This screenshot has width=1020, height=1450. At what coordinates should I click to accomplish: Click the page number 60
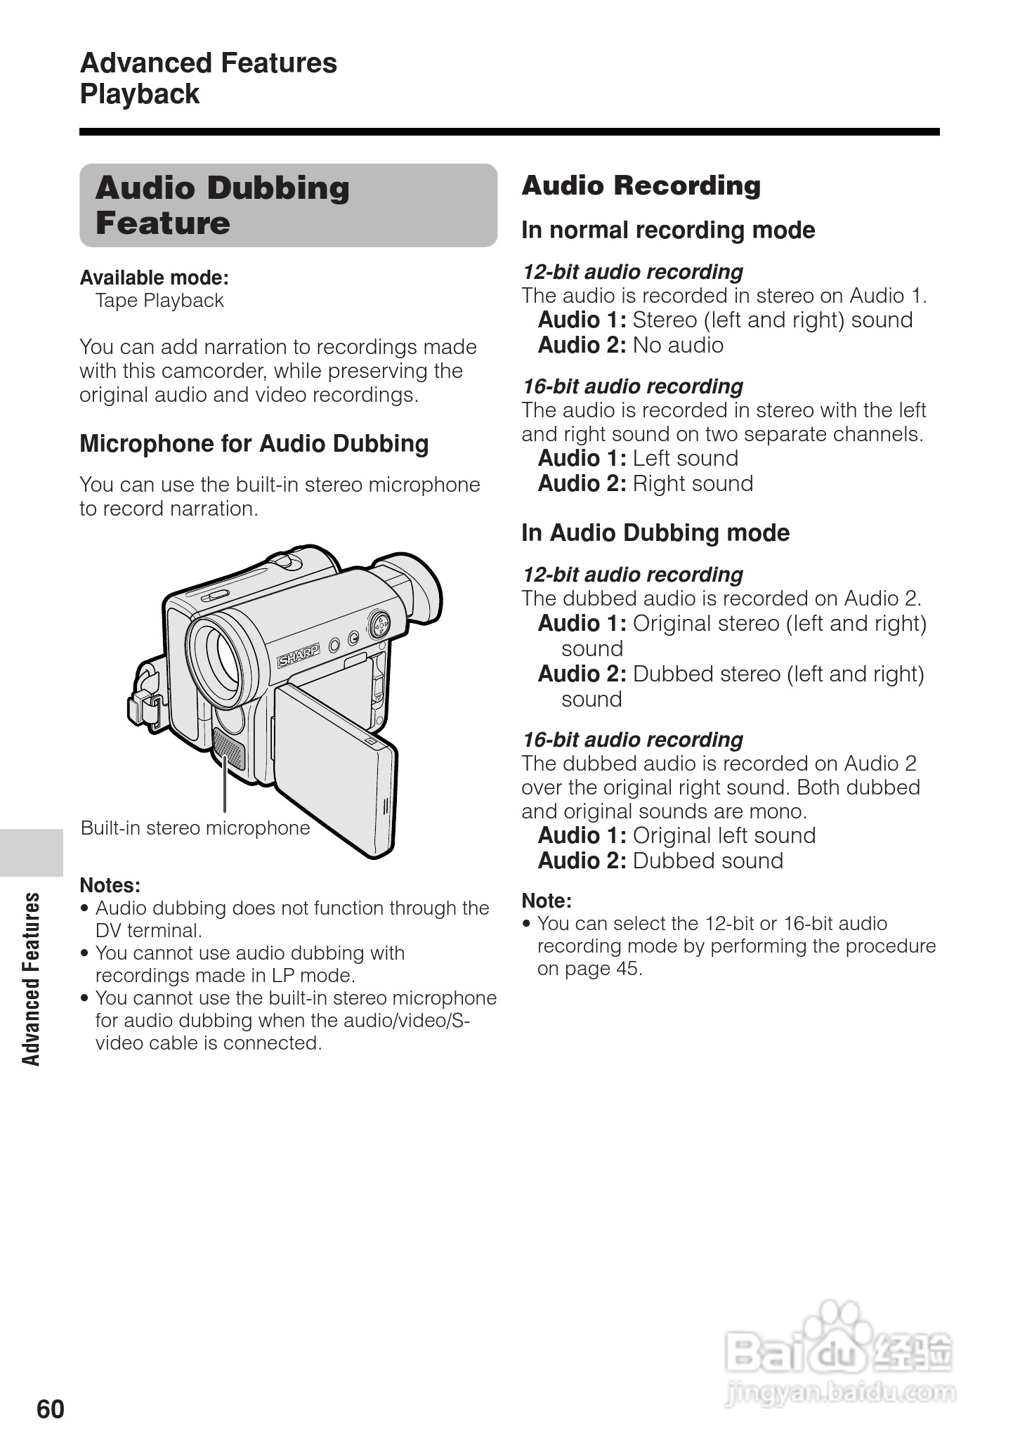[51, 1409]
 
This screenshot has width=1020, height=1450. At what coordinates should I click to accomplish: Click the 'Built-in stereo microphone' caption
[195, 828]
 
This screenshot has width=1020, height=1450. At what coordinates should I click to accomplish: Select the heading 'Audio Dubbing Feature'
[222, 205]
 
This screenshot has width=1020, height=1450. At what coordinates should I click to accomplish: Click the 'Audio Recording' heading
[641, 185]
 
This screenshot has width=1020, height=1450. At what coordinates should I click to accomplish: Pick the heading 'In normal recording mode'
[667, 230]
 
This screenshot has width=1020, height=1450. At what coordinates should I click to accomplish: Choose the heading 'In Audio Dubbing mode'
[655, 533]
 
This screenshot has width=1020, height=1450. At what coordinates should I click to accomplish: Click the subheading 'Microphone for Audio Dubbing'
[254, 443]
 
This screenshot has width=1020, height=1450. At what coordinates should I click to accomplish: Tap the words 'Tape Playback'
[159, 301]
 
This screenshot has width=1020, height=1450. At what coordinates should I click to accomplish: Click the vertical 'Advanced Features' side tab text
[32, 979]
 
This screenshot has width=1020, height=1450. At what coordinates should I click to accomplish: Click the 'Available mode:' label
[154, 277]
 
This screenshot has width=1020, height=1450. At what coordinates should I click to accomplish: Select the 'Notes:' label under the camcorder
[110, 884]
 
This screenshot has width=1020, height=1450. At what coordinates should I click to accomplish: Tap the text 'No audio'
[677, 345]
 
